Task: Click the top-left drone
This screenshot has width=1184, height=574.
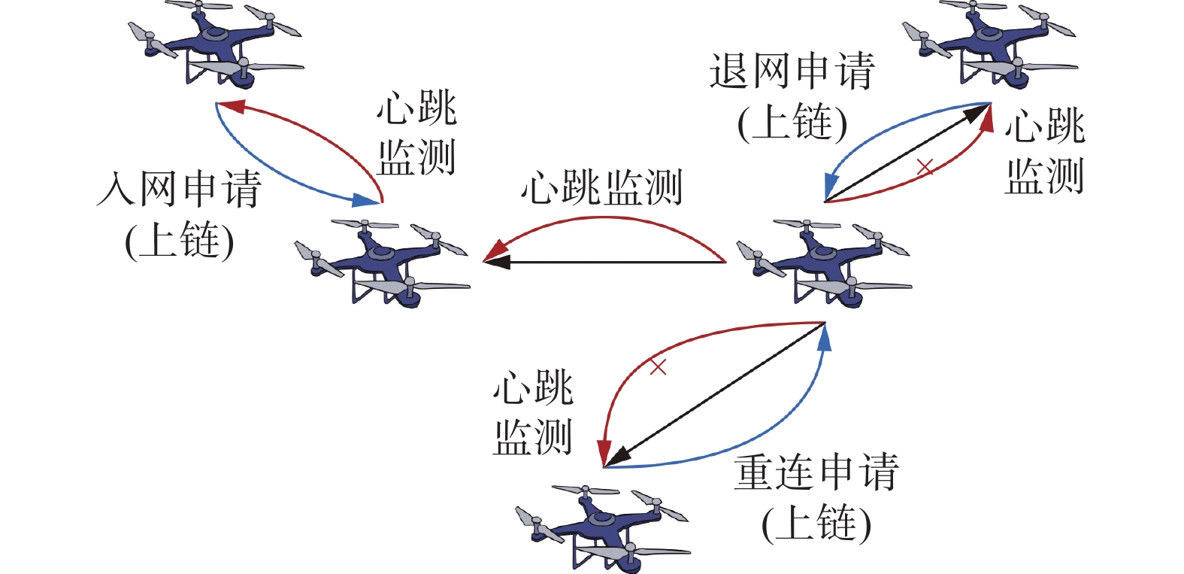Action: (216, 45)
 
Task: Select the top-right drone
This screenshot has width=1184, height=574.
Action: (989, 45)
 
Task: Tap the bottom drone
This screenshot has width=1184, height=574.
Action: (603, 528)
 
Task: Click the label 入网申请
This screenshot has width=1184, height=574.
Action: (179, 189)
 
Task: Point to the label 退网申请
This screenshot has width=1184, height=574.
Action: (792, 71)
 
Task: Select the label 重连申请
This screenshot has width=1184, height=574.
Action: (816, 472)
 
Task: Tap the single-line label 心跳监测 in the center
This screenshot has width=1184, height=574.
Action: (601, 187)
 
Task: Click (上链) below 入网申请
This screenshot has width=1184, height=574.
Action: (180, 241)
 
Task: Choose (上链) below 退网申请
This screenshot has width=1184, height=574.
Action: (792, 123)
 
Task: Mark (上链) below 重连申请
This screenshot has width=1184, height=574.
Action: (816, 524)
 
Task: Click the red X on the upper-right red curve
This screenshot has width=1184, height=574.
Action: (925, 167)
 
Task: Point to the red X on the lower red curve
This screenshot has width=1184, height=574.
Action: (658, 366)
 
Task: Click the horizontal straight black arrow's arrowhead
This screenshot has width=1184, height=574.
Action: (496, 261)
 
